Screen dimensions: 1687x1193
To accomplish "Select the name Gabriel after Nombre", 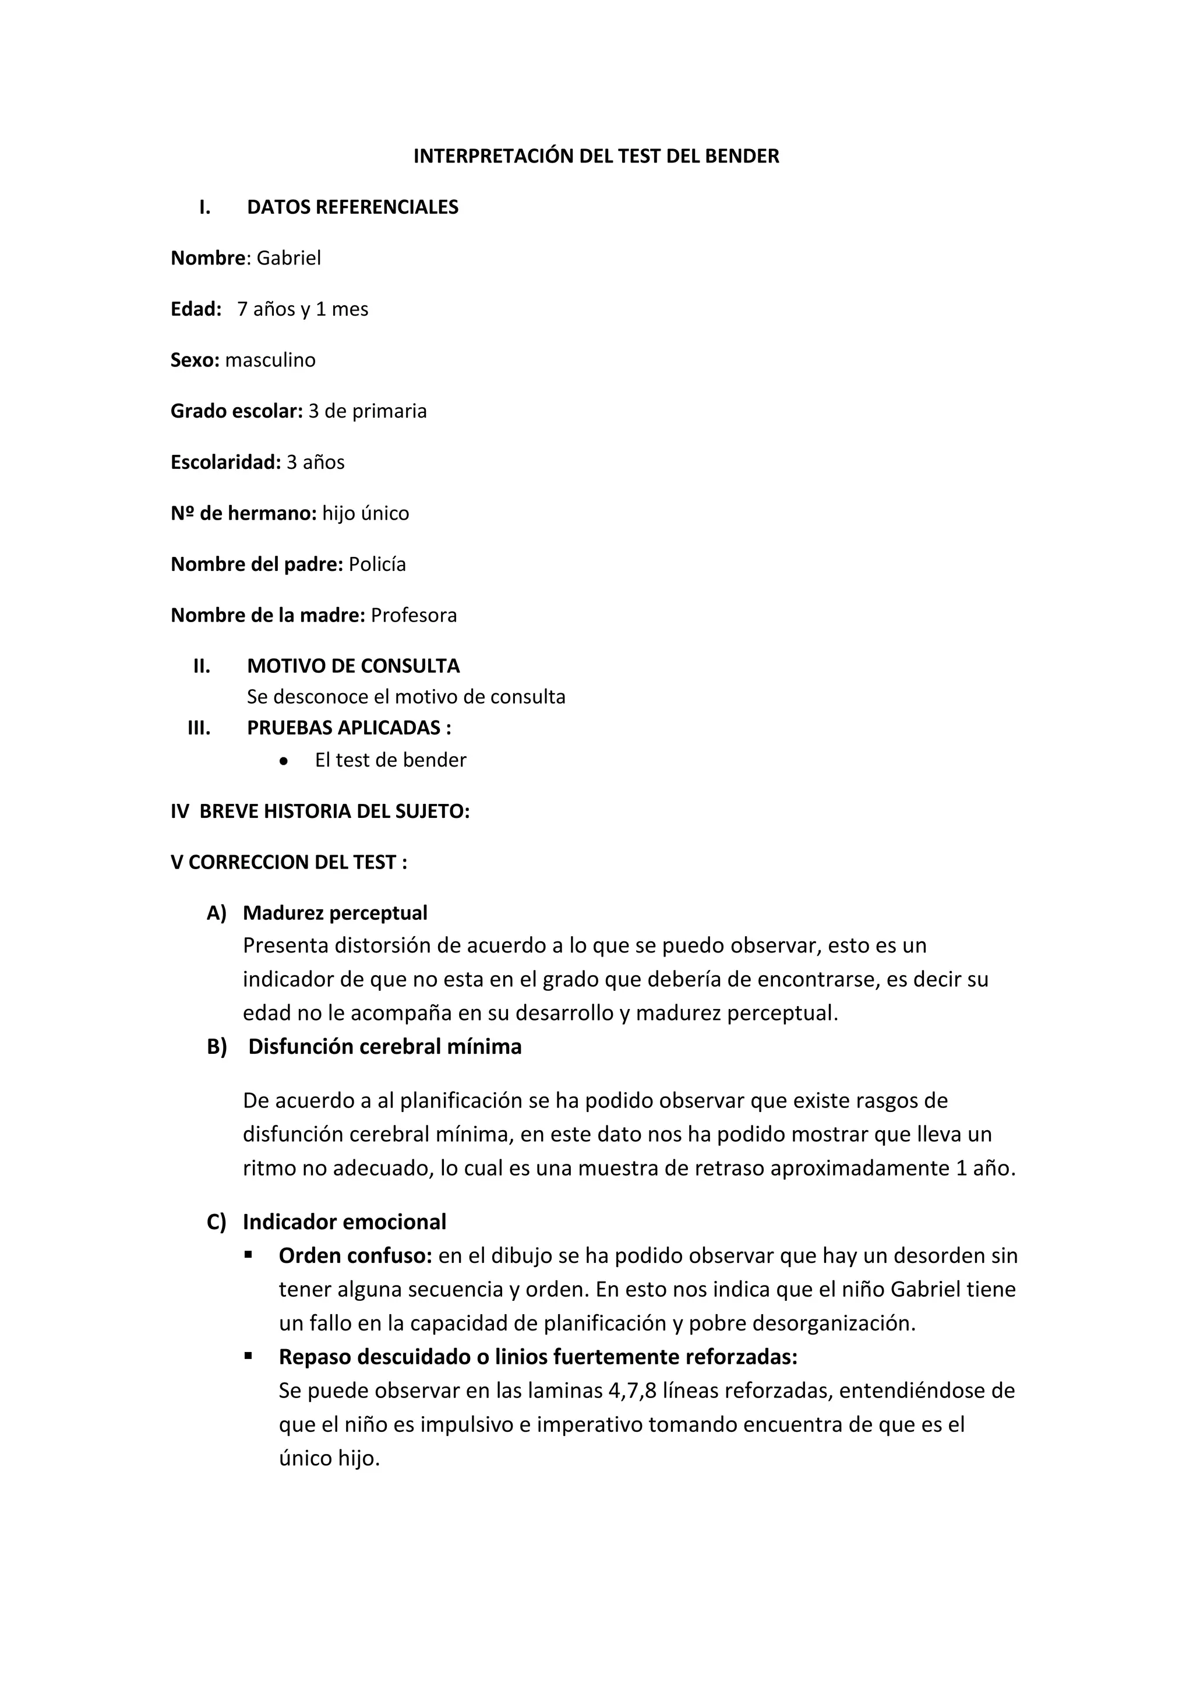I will click(x=289, y=258).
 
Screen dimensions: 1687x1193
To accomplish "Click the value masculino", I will click(x=270, y=360).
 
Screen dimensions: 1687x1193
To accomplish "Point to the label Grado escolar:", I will click(x=237, y=411).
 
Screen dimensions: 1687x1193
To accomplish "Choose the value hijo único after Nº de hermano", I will click(x=366, y=513).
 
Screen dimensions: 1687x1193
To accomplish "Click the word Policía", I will click(x=377, y=564).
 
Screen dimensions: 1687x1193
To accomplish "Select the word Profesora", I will click(x=414, y=615).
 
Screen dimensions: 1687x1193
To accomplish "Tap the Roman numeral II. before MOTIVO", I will click(x=202, y=666).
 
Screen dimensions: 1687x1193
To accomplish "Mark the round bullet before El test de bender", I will click(x=284, y=760).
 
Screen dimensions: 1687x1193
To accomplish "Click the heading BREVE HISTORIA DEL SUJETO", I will click(x=334, y=811).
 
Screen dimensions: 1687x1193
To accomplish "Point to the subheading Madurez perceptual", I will click(x=335, y=913).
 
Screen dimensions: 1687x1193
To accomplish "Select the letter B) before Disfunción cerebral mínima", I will click(x=217, y=1046).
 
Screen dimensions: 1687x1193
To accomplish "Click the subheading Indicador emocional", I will click(x=344, y=1222).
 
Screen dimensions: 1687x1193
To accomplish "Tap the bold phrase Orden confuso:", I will click(x=355, y=1256).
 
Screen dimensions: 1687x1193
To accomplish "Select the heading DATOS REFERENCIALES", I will click(x=352, y=207).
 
